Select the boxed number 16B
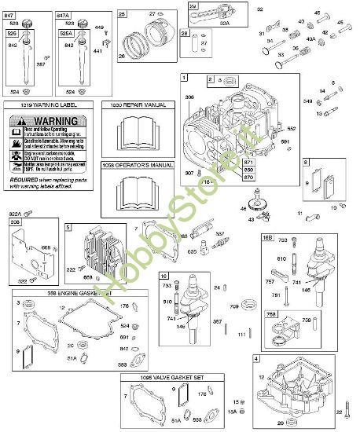pyautogui.click(x=268, y=237)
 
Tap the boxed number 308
pyautogui.click(x=15, y=223)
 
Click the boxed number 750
pyautogui.click(x=272, y=315)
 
